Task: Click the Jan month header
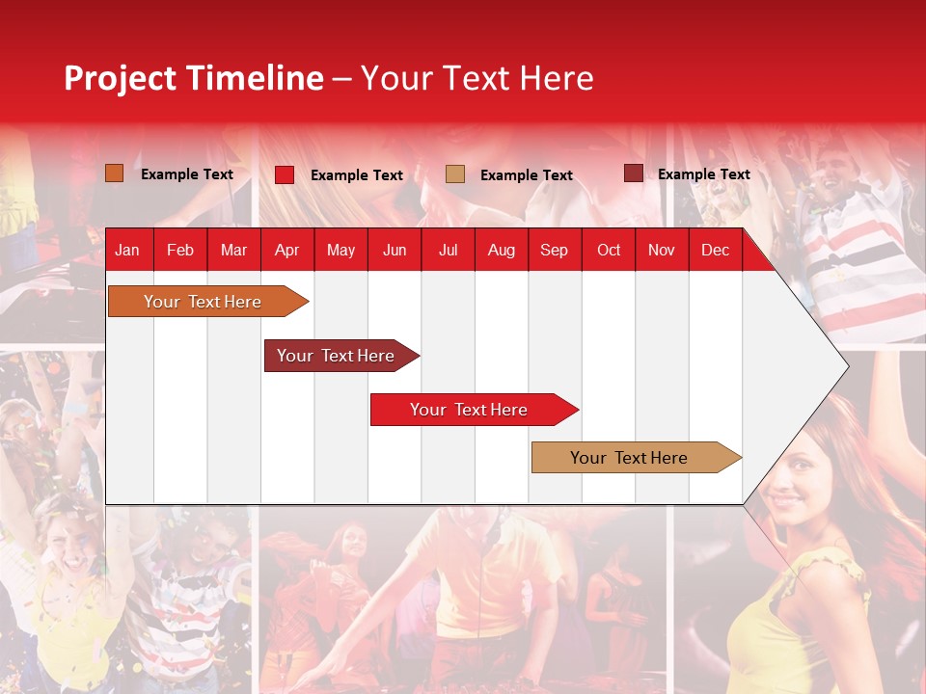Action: tap(127, 250)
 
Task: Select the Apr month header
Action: tap(286, 250)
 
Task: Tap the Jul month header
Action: tap(448, 250)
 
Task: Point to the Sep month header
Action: tap(554, 250)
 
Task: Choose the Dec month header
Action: tap(715, 250)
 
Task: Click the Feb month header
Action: tap(180, 250)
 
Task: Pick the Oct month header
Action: tap(609, 250)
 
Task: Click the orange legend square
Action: tap(115, 173)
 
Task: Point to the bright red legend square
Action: tap(285, 174)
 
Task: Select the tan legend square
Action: tap(455, 173)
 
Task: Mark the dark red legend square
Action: tap(633, 173)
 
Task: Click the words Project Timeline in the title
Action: tap(194, 78)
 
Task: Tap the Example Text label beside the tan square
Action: tap(527, 175)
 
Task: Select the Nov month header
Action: tap(662, 250)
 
